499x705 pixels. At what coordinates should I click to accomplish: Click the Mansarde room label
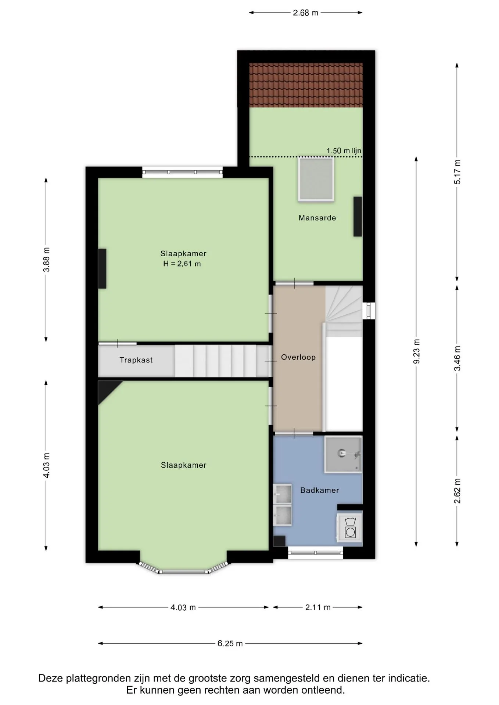pyautogui.click(x=317, y=218)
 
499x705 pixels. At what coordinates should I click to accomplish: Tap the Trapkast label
pyautogui.click(x=136, y=360)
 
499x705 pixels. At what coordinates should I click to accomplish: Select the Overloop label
pyautogui.click(x=298, y=357)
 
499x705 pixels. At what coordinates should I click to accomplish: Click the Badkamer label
pyautogui.click(x=319, y=490)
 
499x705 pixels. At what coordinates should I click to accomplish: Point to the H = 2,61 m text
pyautogui.click(x=182, y=263)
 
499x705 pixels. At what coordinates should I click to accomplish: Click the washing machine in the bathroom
pyautogui.click(x=350, y=527)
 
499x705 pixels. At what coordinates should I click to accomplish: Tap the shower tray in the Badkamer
pyautogui.click(x=343, y=454)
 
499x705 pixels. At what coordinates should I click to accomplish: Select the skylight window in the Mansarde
pyautogui.click(x=316, y=179)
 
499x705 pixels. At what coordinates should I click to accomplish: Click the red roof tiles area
pyautogui.click(x=306, y=85)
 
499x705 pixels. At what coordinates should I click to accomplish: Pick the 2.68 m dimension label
pyautogui.click(x=305, y=13)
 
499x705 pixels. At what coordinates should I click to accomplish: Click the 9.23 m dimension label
pyautogui.click(x=416, y=351)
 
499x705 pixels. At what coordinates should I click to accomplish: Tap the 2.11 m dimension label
pyautogui.click(x=318, y=607)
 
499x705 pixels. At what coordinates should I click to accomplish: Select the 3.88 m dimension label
pyautogui.click(x=46, y=260)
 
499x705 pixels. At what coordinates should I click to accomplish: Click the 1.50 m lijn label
pyautogui.click(x=344, y=151)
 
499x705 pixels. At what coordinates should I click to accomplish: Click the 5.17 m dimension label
pyautogui.click(x=457, y=172)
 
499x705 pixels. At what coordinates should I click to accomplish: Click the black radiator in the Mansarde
pyautogui.click(x=358, y=217)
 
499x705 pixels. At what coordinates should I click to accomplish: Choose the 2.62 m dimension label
pyautogui.click(x=457, y=491)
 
